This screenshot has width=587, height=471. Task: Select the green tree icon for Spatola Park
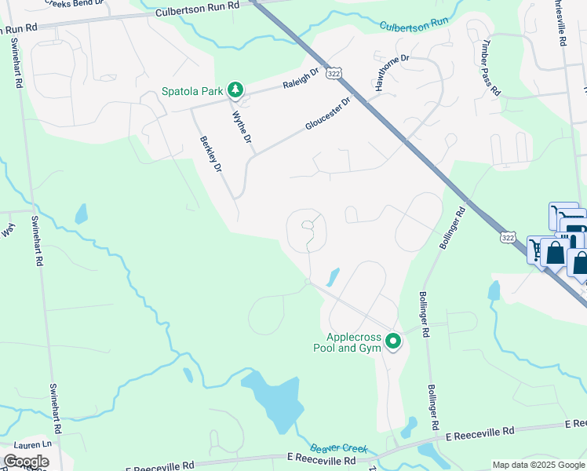click(235, 91)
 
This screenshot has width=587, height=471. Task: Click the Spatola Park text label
click(193, 92)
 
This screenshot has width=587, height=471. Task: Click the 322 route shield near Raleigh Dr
click(334, 71)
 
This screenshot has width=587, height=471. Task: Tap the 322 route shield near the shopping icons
click(508, 236)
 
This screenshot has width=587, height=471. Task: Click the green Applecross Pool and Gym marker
click(392, 341)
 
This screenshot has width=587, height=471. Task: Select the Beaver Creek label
click(338, 446)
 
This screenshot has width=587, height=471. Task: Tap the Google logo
click(26, 462)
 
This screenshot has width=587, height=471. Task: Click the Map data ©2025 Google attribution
click(538, 465)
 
